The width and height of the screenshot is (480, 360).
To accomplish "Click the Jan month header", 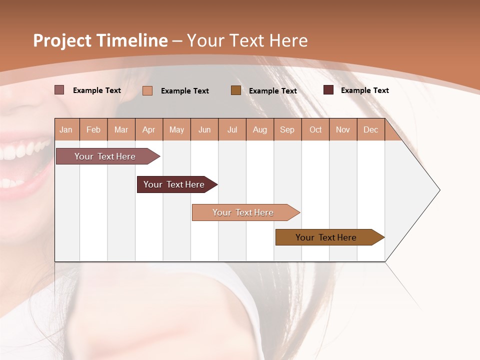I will point(66,130).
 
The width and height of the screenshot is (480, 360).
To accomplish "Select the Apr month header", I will point(149,130).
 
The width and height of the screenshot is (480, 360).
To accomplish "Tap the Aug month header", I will point(259,130).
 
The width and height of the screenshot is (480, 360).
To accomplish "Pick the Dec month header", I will point(370,130).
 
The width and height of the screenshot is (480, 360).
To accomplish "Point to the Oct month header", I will point(315,130).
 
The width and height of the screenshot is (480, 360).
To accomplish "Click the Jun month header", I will point(204,130).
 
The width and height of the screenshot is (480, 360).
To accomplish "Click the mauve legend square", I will point(59,90).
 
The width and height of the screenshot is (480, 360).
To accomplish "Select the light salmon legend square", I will point(147,90).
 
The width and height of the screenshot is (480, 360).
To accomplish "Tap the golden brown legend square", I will point(236,90).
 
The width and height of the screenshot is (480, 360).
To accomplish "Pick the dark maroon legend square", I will point(328,90).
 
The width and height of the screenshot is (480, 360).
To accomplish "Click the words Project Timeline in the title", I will point(100,40).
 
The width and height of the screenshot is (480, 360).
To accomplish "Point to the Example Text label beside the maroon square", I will point(364,90).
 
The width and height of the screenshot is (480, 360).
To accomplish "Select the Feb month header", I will point(93,130).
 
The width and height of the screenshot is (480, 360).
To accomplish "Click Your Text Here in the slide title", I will point(247,40).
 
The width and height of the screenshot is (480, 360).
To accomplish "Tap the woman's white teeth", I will point(22,150).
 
